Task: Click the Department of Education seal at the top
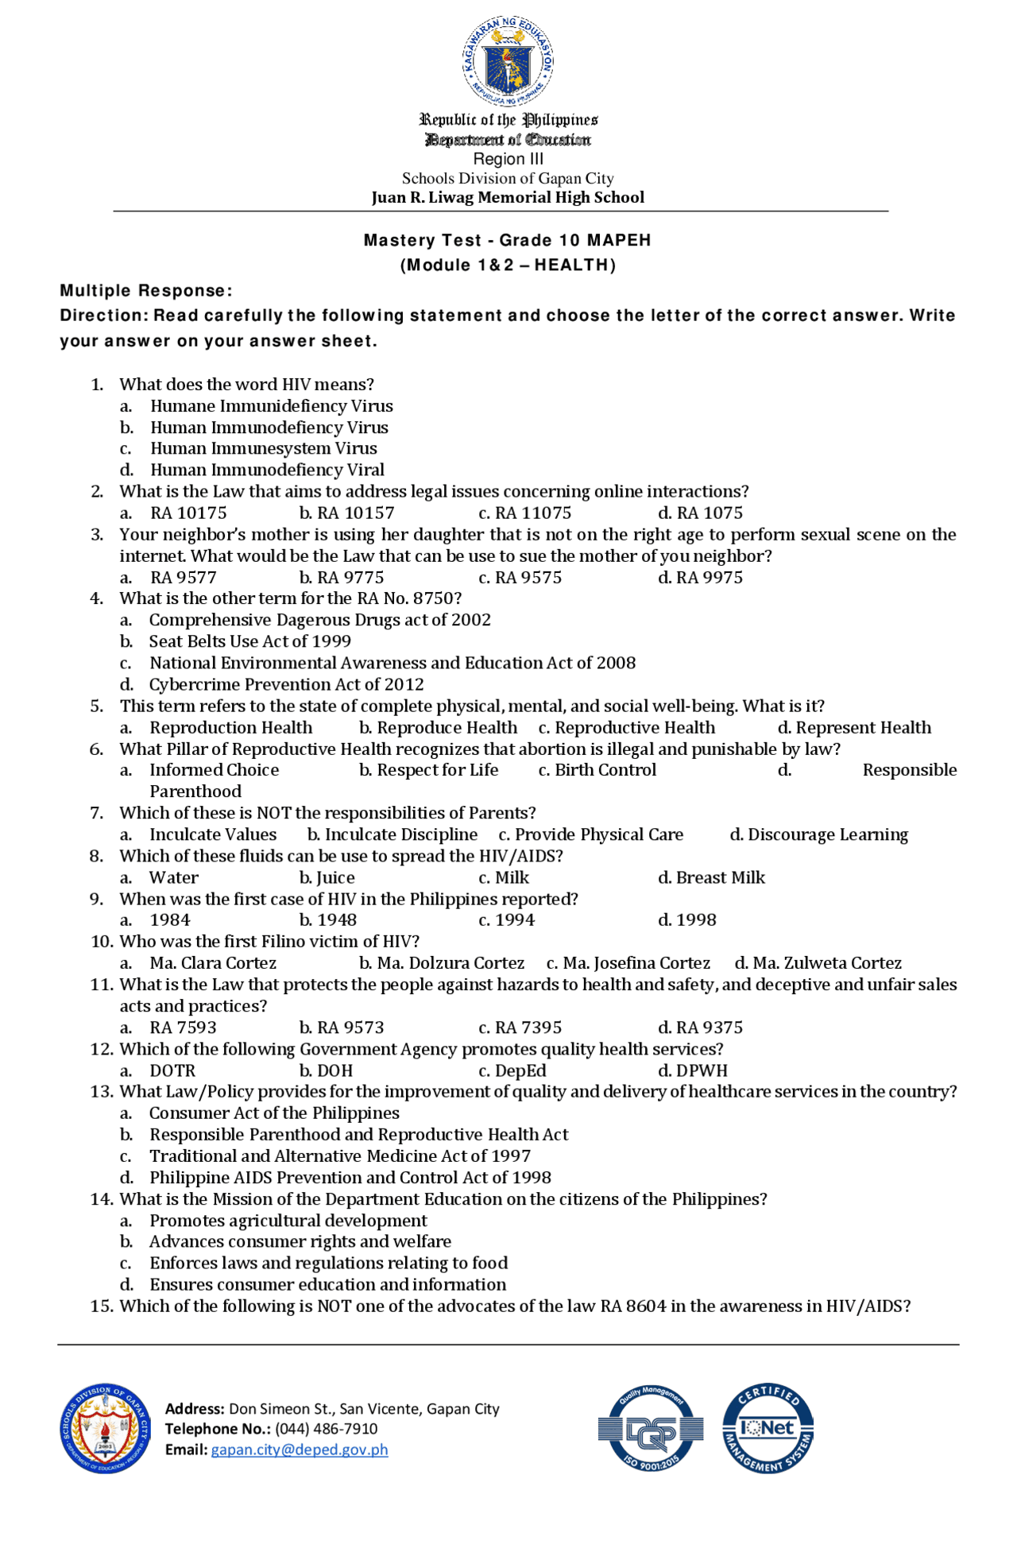coord(508,60)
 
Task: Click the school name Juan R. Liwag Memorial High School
coord(508,197)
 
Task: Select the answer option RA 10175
coord(188,513)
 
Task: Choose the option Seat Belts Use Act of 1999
coord(249,641)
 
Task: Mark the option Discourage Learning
coord(827,834)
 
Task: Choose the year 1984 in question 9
coord(170,920)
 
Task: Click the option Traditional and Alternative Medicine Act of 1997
coord(339,1156)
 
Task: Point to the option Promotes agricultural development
coord(288,1221)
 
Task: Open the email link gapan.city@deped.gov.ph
coord(300,1450)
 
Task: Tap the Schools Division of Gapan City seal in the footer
coord(105,1428)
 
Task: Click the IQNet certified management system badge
coord(768,1428)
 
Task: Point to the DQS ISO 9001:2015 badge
coord(651,1428)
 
